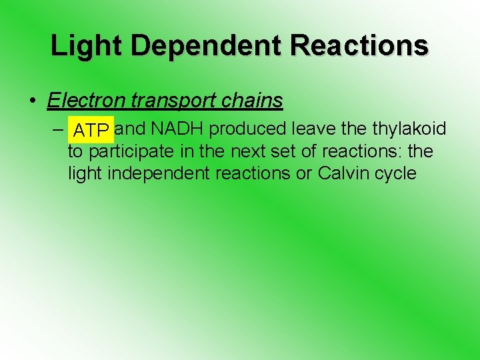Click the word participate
coord(141,152)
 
